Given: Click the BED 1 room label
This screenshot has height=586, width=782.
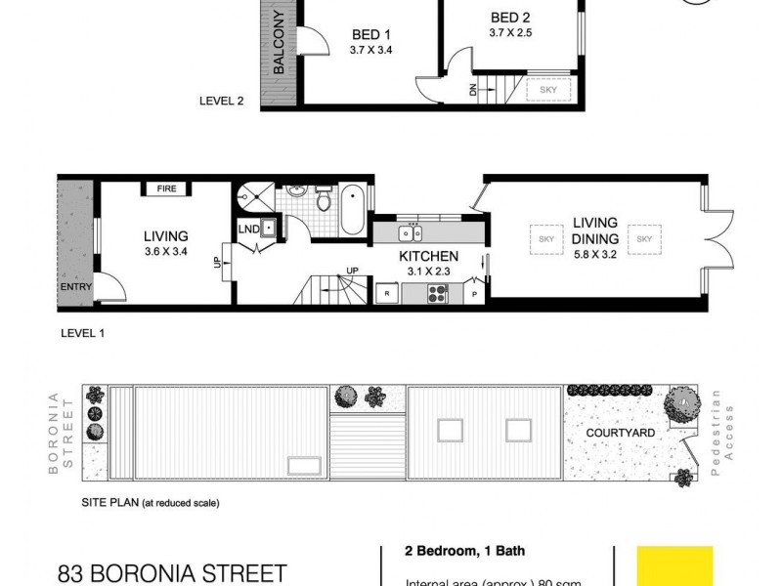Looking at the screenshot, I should pyautogui.click(x=370, y=34).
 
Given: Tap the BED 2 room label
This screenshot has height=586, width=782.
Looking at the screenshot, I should pyautogui.click(x=510, y=18).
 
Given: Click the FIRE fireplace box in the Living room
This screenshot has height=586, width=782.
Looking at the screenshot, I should pyautogui.click(x=167, y=188).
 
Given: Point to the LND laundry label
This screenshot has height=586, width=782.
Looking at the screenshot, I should pyautogui.click(x=248, y=230).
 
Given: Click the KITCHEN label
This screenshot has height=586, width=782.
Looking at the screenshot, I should pyautogui.click(x=427, y=256).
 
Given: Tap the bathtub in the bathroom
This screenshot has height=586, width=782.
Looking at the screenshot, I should pyautogui.click(x=353, y=209).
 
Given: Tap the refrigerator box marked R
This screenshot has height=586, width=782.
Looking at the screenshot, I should pyautogui.click(x=387, y=291).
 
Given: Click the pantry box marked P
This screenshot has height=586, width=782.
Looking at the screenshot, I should pyautogui.click(x=476, y=291).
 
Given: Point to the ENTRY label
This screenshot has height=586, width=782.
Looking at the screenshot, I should pyautogui.click(x=73, y=287).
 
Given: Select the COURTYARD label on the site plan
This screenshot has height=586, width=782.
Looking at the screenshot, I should pyautogui.click(x=621, y=432).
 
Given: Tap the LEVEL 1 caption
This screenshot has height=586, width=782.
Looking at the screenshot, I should pyautogui.click(x=83, y=332).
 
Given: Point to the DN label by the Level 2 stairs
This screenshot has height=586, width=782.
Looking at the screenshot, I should pyautogui.click(x=472, y=90).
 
